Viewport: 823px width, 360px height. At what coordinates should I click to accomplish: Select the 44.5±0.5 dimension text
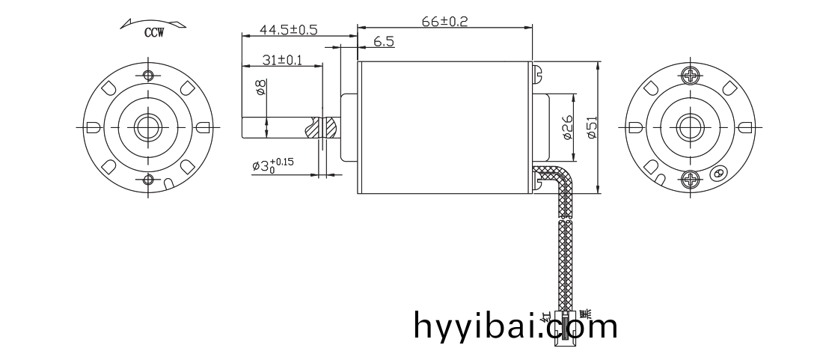[x=288, y=30]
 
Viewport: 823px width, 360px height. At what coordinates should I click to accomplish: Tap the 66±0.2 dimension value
[x=444, y=22]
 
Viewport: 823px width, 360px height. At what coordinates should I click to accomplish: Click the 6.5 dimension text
[x=384, y=43]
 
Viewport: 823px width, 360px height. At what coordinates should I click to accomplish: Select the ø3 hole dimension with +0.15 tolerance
[x=273, y=165]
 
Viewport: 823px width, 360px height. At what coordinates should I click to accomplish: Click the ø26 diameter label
[x=567, y=128]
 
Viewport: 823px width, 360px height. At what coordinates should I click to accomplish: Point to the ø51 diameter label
[x=592, y=128]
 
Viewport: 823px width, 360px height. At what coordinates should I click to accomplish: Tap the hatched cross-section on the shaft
[x=326, y=127]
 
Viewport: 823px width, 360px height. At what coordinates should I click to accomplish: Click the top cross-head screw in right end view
[x=689, y=75]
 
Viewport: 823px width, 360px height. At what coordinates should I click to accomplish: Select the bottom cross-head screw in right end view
[x=689, y=180]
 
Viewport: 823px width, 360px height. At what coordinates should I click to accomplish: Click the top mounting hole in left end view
[x=147, y=75]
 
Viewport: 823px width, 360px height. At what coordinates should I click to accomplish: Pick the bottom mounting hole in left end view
[x=147, y=179]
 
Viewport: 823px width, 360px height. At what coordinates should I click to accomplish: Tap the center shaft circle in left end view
[x=147, y=126]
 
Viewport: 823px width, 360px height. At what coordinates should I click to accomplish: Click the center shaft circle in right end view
[x=689, y=126]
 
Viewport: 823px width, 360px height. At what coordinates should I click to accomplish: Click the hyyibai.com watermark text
[x=515, y=326]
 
